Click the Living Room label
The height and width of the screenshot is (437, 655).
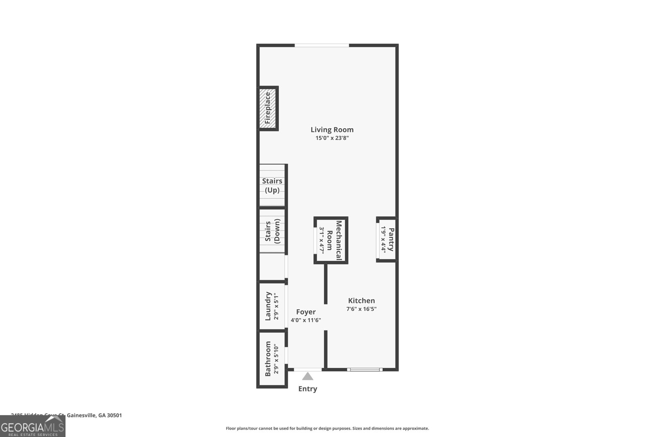pos(332,130)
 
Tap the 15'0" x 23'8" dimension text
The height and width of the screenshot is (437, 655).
pos(332,138)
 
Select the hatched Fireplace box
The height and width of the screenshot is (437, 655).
pos(268,108)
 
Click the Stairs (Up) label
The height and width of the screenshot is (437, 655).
pos(272,186)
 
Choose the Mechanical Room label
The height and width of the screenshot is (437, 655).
pos(335,240)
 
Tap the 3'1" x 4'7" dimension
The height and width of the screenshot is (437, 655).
pos(322,240)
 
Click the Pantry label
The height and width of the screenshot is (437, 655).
pos(391,240)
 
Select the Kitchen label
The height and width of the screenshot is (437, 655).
pos(361,301)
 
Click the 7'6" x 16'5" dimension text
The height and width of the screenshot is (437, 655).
pos(361,309)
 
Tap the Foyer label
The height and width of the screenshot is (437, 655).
pos(306,312)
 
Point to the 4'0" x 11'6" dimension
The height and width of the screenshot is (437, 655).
pos(306,320)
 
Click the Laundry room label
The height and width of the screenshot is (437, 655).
pos(268,306)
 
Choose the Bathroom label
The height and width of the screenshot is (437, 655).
pos(268,359)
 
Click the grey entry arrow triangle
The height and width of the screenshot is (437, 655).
pos(307,376)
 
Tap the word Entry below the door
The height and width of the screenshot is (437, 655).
pos(307,389)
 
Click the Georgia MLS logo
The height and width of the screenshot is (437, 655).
pos(32,426)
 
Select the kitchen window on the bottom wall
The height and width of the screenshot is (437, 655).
pos(365,369)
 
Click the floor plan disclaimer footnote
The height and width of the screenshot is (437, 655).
pos(327,428)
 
